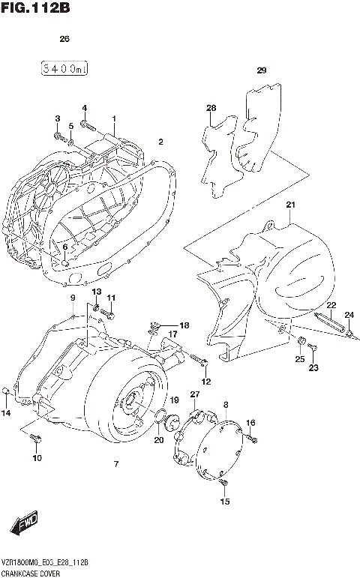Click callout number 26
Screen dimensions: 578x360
[x=64, y=38]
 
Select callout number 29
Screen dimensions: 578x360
[x=262, y=71]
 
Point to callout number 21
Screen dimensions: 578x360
[x=291, y=205]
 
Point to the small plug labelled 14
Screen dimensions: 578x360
[x=7, y=391]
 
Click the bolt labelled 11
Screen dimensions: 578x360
[x=109, y=314]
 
